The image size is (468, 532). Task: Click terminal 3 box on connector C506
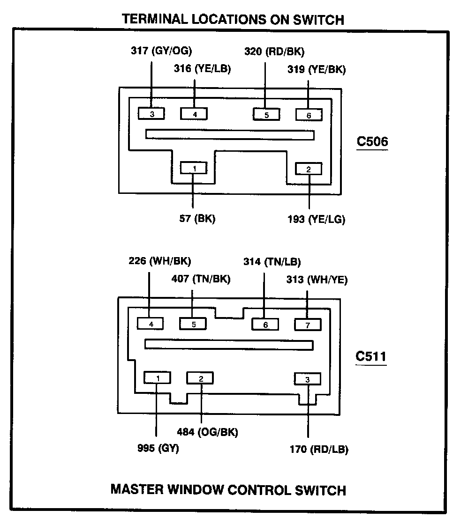(151, 114)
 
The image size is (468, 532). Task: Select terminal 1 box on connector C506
(194, 168)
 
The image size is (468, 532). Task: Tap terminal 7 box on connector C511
(308, 325)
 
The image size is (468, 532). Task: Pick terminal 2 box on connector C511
(200, 378)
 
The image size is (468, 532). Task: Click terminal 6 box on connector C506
(309, 115)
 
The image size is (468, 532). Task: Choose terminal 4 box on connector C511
(150, 324)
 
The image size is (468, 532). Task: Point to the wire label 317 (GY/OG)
(161, 51)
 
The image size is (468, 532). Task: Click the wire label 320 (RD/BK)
(274, 52)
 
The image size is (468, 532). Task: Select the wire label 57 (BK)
(197, 219)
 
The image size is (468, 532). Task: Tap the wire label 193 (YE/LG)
(317, 219)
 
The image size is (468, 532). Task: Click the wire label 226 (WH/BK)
(160, 261)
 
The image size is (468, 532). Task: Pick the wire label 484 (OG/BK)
(208, 432)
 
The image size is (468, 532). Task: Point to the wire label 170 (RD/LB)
(319, 449)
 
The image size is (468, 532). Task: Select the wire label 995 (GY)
(158, 448)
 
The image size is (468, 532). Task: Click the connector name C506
(372, 141)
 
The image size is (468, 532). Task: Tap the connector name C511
(371, 356)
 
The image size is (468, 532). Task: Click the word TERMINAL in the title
(155, 19)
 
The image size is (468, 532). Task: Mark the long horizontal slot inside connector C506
(230, 134)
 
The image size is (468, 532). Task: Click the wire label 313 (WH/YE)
(317, 280)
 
